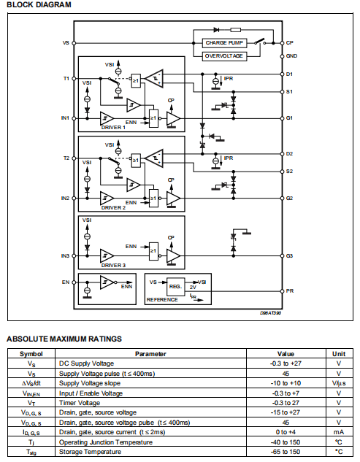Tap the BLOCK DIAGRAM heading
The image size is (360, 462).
tap(39, 5)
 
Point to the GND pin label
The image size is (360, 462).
tap(291, 55)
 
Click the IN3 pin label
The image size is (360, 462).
tap(65, 256)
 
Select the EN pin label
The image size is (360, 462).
tap(66, 281)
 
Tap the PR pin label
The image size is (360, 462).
tap(290, 290)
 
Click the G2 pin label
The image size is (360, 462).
tap(290, 198)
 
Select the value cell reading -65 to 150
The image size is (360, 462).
tap(286, 453)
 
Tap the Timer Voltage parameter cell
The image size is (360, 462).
tap(82, 402)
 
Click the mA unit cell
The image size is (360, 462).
tap(339, 432)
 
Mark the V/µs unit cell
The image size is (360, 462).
tap(339, 382)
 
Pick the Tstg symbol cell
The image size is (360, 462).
tap(31, 453)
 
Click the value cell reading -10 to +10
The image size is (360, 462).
tap(286, 382)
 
